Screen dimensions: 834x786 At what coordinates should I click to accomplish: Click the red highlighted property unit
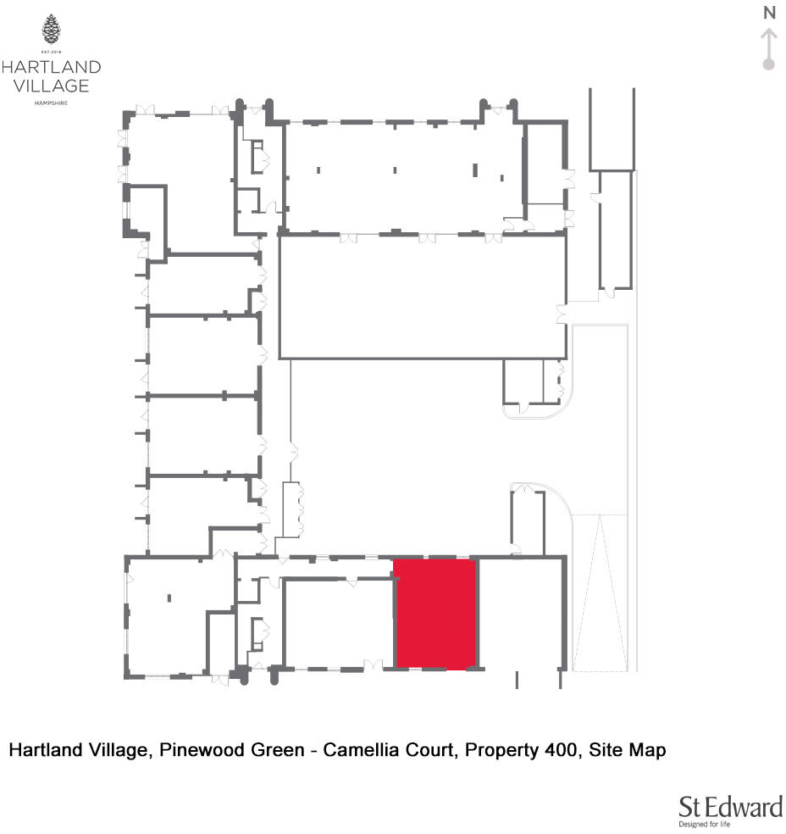coord(436,614)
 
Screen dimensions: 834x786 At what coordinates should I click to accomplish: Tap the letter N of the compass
coord(769,13)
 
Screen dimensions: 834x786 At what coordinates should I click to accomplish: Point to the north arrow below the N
coord(769,42)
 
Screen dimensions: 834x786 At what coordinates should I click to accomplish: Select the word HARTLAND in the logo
coord(51,67)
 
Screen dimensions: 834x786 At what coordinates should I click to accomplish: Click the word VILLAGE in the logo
coord(51,86)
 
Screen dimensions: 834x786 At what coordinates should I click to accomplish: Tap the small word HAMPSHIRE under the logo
coord(51,103)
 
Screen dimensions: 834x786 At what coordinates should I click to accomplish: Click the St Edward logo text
coord(730,807)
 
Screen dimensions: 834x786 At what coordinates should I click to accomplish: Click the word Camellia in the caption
coord(361,750)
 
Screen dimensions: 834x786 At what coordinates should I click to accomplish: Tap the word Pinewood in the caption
coord(189,750)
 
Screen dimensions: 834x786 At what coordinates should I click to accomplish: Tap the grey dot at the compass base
coord(769,64)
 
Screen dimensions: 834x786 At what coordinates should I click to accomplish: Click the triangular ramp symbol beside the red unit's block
coord(599,593)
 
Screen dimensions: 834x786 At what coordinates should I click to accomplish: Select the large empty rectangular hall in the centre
coord(422,297)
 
